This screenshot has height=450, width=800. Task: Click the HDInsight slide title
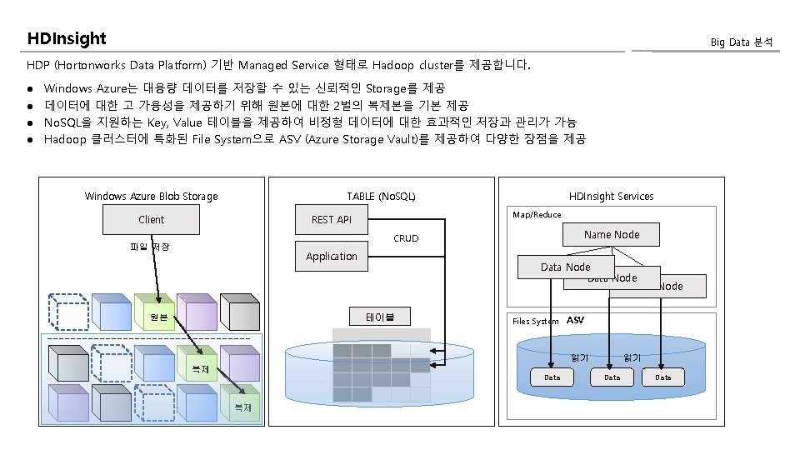coord(67,39)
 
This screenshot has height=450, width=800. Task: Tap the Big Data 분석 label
coord(741,42)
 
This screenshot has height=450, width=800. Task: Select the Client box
coord(151,220)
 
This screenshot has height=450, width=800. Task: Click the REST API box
coord(332,220)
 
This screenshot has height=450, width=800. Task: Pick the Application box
coord(331,257)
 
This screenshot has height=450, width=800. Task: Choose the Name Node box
coord(612,235)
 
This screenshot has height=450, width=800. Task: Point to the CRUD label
coord(406,238)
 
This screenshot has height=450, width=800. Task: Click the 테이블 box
coord(379,317)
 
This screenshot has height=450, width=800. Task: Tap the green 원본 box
coord(158,317)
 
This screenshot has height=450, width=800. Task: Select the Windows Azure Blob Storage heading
coord(151,197)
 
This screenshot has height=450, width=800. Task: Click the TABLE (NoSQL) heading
coord(381,197)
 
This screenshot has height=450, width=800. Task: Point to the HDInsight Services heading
coord(611,197)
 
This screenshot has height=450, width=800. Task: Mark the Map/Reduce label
coord(537,215)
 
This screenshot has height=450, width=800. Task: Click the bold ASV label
coord(575,320)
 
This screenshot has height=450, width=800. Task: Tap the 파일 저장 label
coord(150,247)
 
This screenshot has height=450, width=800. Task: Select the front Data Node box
coord(565,267)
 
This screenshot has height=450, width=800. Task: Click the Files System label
coord(535,321)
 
